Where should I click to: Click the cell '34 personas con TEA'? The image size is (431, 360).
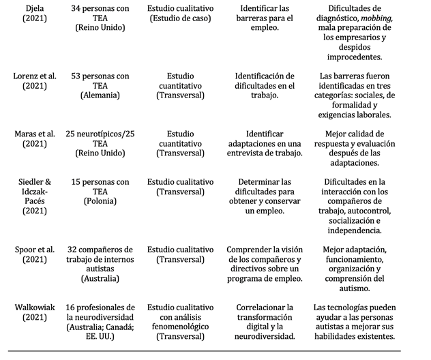click(x=100, y=13)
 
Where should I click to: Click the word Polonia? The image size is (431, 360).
click(x=100, y=202)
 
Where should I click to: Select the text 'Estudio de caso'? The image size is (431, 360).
click(x=180, y=18)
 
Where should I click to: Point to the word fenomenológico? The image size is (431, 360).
click(x=180, y=327)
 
